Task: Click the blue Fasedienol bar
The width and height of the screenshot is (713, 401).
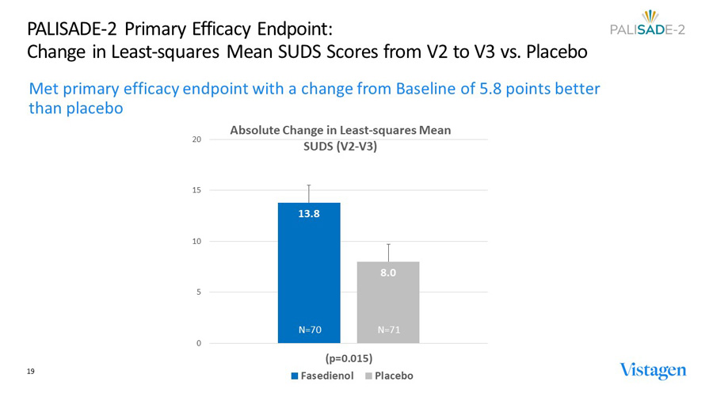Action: click(309, 273)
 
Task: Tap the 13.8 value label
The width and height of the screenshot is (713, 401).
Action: click(309, 213)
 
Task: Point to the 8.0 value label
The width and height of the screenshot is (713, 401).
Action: click(388, 273)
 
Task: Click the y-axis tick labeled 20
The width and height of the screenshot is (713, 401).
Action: click(196, 139)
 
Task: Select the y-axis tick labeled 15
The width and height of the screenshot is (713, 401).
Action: click(196, 190)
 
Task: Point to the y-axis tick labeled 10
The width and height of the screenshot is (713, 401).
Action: click(196, 242)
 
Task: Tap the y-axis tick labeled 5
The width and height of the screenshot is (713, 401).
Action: click(198, 292)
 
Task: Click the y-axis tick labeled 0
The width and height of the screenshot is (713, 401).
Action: click(198, 343)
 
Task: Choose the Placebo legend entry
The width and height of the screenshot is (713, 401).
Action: click(389, 376)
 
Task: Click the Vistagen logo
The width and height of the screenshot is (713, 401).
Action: click(653, 371)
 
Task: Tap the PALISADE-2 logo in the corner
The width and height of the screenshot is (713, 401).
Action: click(649, 25)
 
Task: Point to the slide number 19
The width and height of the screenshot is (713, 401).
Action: click(32, 371)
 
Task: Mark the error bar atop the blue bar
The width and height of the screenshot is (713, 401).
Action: click(309, 193)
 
